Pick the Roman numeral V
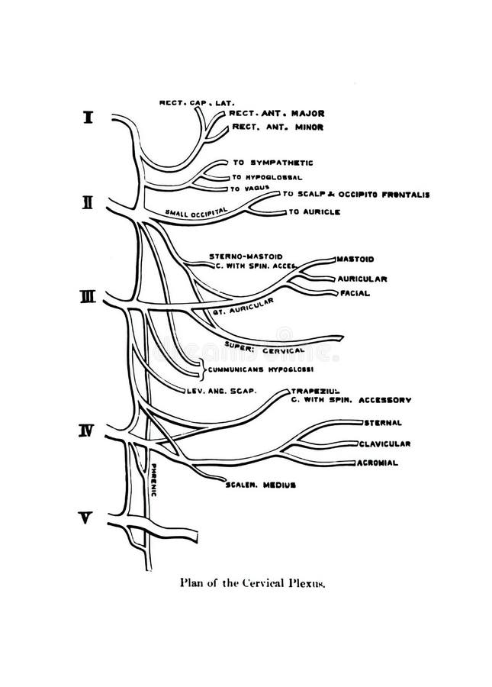pos(87,518)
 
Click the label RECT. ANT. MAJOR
pos(273,114)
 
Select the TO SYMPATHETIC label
pos(272,163)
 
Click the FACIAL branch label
pos(355,293)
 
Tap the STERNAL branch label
pos(383,422)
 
